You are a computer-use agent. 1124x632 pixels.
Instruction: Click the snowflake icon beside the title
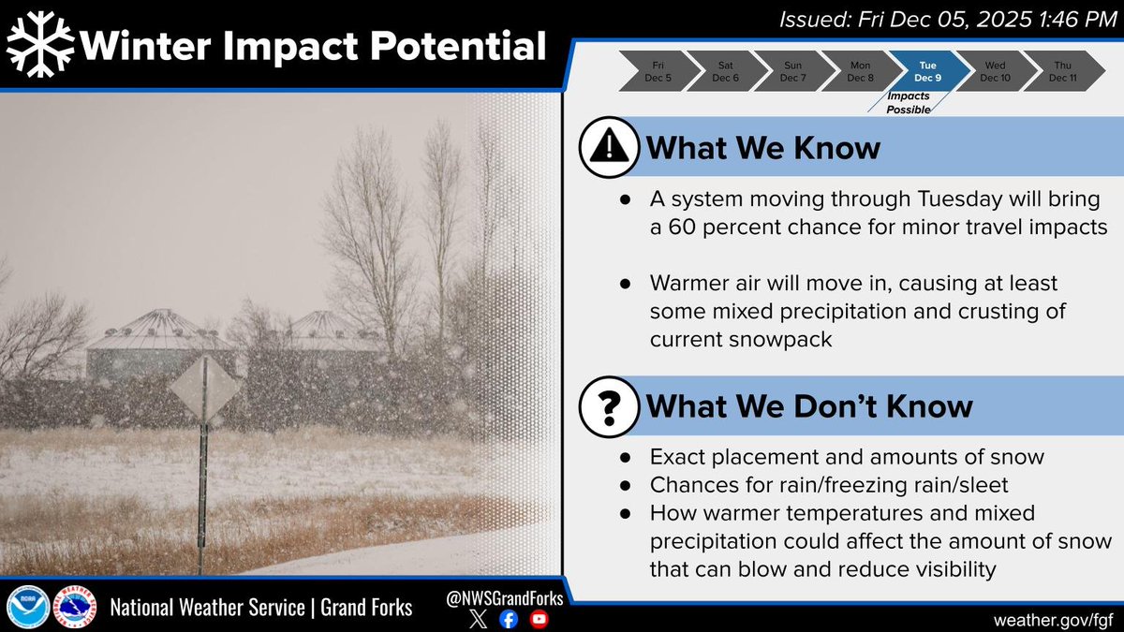pyautogui.click(x=40, y=44)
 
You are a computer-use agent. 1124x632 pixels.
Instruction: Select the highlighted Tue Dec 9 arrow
pyautogui.click(x=928, y=71)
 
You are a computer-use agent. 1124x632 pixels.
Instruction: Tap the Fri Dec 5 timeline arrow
pyautogui.click(x=658, y=71)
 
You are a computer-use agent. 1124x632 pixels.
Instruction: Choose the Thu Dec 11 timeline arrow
pyautogui.click(x=1063, y=71)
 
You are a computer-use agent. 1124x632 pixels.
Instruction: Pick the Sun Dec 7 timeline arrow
pyautogui.click(x=793, y=71)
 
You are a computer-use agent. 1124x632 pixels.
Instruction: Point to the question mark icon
pyautogui.click(x=609, y=406)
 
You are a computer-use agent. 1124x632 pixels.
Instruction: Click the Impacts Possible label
pyautogui.click(x=909, y=103)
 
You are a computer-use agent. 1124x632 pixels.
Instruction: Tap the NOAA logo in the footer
pyautogui.click(x=28, y=607)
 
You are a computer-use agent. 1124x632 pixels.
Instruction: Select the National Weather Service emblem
pyautogui.click(x=75, y=607)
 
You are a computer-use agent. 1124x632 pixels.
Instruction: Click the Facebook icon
pyautogui.click(x=509, y=620)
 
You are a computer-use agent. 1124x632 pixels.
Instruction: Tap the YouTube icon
pyautogui.click(x=539, y=620)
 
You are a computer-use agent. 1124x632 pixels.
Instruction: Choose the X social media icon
pyautogui.click(x=479, y=620)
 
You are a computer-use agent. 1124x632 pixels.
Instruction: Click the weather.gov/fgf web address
pyautogui.click(x=1053, y=620)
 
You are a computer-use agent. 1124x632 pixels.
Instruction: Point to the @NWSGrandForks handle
pyautogui.click(x=504, y=598)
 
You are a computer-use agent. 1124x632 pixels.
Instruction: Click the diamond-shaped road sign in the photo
pyautogui.click(x=204, y=389)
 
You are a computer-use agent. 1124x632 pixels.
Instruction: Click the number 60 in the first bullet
pyautogui.click(x=682, y=228)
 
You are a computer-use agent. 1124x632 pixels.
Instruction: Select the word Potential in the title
pyautogui.click(x=458, y=46)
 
